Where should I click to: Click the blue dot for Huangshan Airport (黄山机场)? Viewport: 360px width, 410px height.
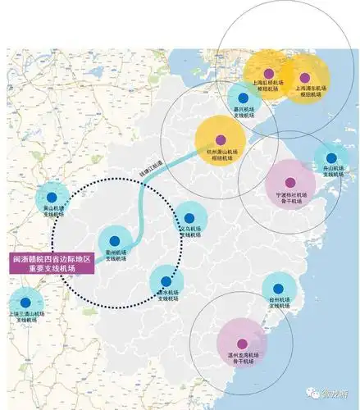coord(53,197)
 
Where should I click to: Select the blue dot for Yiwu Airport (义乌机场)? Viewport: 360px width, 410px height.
coord(188,218)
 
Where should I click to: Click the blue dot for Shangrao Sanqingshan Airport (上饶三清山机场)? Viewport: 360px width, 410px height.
coord(26,302)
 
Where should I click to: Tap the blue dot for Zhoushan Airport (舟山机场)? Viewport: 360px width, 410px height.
coord(331,158)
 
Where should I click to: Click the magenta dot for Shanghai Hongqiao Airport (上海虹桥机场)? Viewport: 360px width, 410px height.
coord(267,74)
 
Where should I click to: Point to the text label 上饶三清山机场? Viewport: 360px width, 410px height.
coord(26,316)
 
